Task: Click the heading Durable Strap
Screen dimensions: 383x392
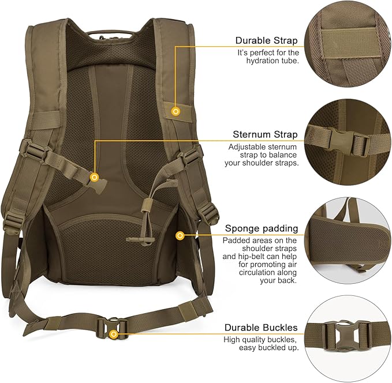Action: pos(266,40)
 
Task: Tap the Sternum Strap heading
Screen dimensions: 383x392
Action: pos(265,134)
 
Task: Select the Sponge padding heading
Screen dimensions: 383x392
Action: pos(262,228)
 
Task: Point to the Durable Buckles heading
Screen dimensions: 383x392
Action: pos(262,328)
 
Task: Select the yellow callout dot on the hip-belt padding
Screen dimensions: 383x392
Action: pos(180,235)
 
